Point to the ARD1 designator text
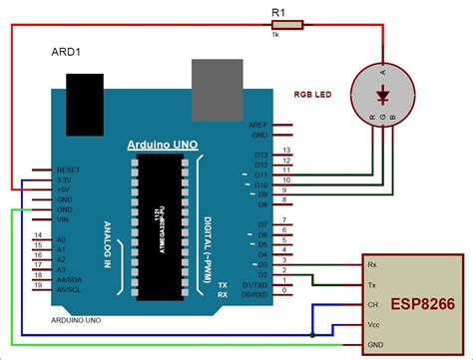click(66, 50)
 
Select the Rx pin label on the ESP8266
click(374, 265)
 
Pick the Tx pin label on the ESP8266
click(374, 284)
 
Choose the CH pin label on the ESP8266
click(374, 305)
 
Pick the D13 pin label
click(260, 157)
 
